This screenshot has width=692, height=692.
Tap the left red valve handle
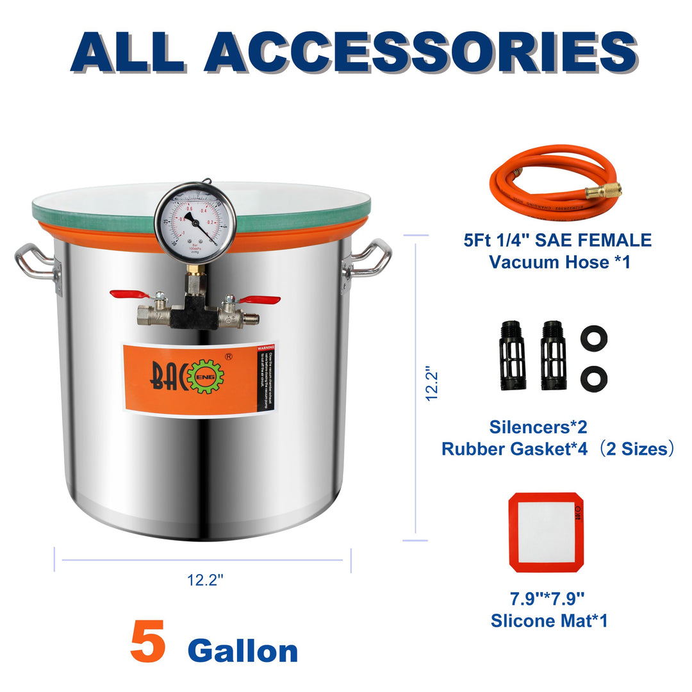click(129, 295)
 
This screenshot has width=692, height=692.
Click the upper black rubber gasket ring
click(593, 338)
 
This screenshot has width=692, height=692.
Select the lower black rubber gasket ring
click(593, 378)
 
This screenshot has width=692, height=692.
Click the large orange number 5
click(148, 641)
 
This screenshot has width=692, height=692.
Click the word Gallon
click(243, 651)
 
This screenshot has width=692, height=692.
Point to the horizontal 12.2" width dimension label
click(205, 581)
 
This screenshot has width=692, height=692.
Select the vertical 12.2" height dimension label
click(433, 384)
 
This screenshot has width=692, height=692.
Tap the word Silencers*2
click(538, 426)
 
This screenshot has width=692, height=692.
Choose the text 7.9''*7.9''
click(548, 599)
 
